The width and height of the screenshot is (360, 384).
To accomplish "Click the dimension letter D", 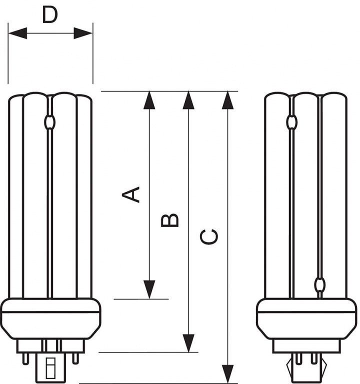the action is click(x=49, y=15).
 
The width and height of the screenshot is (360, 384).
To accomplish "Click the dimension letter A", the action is click(x=131, y=194).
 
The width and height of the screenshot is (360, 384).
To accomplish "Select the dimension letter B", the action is click(x=169, y=220).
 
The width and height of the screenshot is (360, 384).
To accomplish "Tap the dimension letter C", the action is click(x=209, y=237).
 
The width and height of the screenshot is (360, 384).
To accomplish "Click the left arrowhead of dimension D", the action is click(x=17, y=33).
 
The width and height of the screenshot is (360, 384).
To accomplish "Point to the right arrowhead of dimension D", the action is click(x=83, y=33).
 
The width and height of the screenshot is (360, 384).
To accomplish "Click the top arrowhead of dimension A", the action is click(x=149, y=100).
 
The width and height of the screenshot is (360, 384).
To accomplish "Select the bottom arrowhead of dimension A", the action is click(x=149, y=289).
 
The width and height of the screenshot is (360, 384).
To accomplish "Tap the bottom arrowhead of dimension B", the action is click(x=188, y=343).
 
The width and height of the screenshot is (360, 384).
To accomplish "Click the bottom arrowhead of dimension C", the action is click(x=228, y=374).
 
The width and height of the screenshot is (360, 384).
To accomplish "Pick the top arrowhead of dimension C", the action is click(x=228, y=100).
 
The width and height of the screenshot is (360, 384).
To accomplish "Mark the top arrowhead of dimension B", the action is click(x=188, y=100).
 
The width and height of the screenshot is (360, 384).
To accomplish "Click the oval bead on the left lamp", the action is click(x=49, y=122).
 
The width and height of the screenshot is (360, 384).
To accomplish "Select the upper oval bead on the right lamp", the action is click(x=292, y=121).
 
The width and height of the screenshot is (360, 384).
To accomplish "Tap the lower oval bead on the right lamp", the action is click(x=320, y=284).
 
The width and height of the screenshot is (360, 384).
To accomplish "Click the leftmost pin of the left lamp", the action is click(x=25, y=359).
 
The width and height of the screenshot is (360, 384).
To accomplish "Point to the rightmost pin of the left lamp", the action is click(x=75, y=358).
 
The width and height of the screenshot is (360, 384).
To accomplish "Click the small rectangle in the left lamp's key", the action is click(x=51, y=368).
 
